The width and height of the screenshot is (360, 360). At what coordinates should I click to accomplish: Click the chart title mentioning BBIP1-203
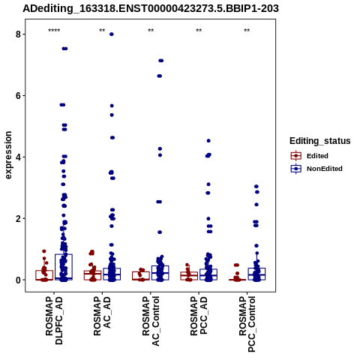151,9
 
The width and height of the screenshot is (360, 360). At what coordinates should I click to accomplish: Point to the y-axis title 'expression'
8,155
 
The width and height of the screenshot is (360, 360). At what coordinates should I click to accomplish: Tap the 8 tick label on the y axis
18,34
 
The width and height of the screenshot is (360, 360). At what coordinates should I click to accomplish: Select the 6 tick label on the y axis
18,96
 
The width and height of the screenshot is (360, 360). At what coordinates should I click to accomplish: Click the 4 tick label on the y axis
18,157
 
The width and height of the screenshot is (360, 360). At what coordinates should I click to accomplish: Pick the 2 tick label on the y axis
18,218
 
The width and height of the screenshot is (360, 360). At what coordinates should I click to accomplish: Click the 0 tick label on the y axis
18,280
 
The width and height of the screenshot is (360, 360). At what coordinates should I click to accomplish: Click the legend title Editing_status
319,141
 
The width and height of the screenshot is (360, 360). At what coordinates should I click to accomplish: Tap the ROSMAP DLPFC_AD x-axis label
54,320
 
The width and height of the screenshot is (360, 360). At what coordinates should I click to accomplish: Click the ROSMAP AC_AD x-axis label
102,316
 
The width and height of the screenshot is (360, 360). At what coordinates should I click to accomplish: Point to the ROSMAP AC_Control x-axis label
151,321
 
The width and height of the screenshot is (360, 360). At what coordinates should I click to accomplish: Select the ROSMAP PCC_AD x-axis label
199,316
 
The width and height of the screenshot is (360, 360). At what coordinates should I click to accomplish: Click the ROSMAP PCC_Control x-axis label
247,324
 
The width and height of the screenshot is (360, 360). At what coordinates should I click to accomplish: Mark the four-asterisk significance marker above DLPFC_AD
54,31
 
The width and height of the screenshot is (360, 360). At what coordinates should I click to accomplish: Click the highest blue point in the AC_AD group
112,34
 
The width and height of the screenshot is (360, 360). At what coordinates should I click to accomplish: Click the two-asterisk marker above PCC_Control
247,31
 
